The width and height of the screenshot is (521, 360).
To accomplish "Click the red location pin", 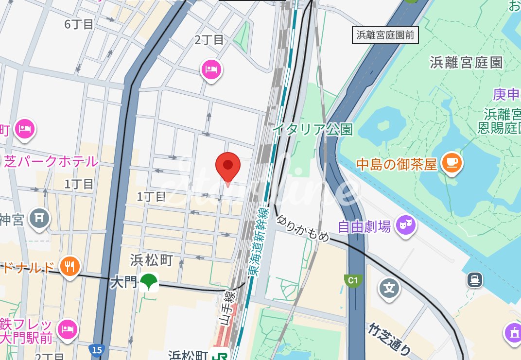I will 228,166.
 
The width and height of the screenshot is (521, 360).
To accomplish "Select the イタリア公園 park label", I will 313,130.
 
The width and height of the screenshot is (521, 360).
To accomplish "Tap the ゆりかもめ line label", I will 303,228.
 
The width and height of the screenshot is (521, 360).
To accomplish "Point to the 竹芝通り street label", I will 389,339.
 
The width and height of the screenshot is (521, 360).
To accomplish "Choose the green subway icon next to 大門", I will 148,282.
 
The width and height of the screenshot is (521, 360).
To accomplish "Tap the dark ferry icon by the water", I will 473,279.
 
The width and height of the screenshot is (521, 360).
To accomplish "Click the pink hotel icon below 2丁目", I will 211,69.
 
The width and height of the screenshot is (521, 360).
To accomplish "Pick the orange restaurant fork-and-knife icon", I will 70,266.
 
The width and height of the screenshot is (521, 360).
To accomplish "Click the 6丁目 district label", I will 79,24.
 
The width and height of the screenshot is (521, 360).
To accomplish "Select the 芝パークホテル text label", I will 51,161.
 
